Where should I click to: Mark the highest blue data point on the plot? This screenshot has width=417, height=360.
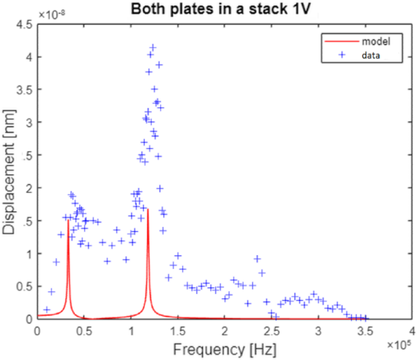tap(153, 47)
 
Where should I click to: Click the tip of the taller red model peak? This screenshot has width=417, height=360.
tap(148, 209)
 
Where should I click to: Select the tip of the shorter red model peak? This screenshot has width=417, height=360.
tap(68, 220)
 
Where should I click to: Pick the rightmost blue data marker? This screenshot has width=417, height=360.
tap(365, 317)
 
